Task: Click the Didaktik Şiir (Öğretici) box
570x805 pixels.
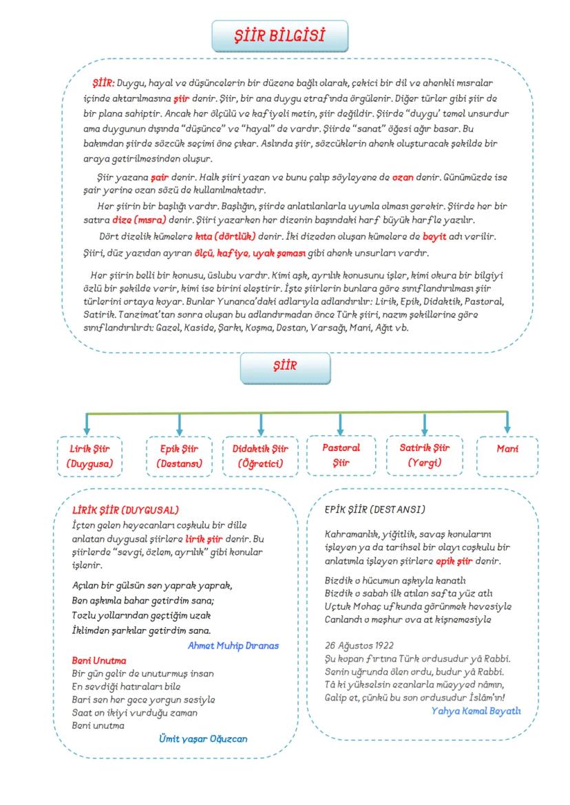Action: [x=260, y=456]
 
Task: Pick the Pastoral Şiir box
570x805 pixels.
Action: [x=341, y=455]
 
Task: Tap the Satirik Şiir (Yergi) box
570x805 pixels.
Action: [x=424, y=455]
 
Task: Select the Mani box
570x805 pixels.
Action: [x=507, y=450]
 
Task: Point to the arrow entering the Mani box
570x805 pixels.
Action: [x=507, y=423]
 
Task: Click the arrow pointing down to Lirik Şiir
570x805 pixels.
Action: [x=87, y=423]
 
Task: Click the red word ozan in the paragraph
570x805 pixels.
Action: [x=403, y=177]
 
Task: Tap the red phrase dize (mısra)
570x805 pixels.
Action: [x=140, y=220]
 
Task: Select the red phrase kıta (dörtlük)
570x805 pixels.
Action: [x=225, y=236]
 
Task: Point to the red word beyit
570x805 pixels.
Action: [x=434, y=236]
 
